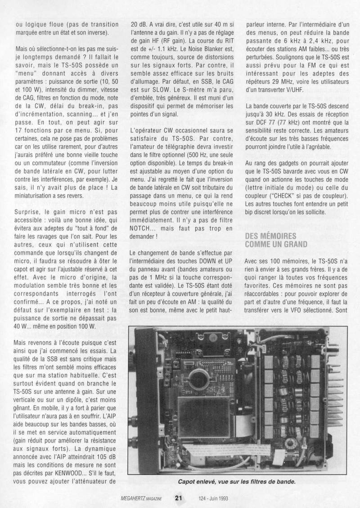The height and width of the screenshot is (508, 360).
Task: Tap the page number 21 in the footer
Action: (x=179, y=497)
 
